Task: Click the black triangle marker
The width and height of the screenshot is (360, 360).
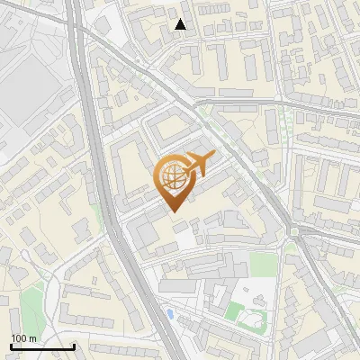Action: coord(181,24)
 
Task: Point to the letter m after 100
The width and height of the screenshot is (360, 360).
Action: coord(32,338)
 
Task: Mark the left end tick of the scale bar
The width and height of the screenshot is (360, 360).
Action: coord(11,346)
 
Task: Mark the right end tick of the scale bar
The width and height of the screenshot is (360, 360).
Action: coord(74,346)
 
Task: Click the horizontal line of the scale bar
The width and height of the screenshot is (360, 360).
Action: coord(42,347)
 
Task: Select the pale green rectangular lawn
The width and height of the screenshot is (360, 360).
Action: coord(261,264)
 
